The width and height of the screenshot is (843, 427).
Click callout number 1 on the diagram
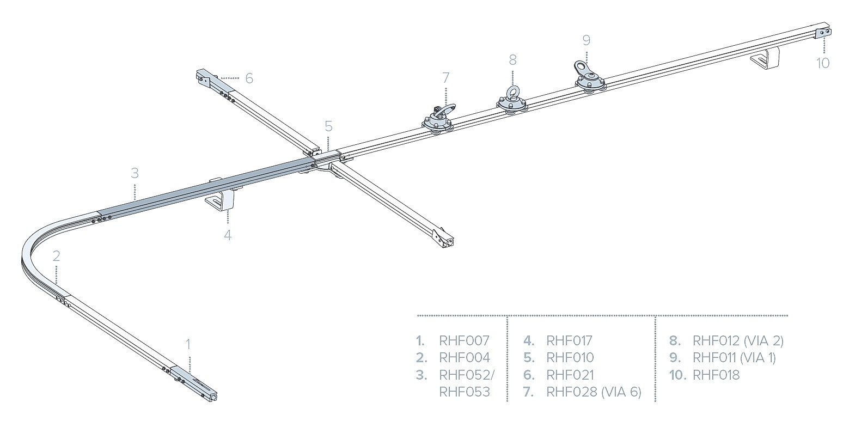[x=188, y=344]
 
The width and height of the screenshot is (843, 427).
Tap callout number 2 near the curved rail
[x=56, y=256]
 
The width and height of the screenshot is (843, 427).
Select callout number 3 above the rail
[x=135, y=173]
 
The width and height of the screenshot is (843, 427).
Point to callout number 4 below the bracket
[x=228, y=235]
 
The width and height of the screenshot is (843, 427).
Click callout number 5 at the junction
[x=328, y=126]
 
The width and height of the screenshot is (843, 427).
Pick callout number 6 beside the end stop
[x=249, y=78]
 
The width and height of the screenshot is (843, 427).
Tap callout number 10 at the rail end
[x=823, y=63]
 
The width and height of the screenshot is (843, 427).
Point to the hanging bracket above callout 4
[x=222, y=200]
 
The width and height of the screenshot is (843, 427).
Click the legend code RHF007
[x=464, y=341]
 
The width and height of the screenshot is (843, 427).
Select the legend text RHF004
[x=464, y=358]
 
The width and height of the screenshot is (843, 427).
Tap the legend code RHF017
[x=569, y=341]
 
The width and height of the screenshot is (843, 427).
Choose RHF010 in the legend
[x=570, y=358]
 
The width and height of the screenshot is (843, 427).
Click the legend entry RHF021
[x=570, y=375]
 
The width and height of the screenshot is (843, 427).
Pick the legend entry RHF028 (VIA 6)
[x=594, y=392]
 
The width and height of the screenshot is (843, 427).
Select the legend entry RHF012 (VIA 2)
[x=737, y=341]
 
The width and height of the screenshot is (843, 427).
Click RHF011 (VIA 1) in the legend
[x=734, y=358]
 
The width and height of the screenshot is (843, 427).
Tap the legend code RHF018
[x=716, y=375]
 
